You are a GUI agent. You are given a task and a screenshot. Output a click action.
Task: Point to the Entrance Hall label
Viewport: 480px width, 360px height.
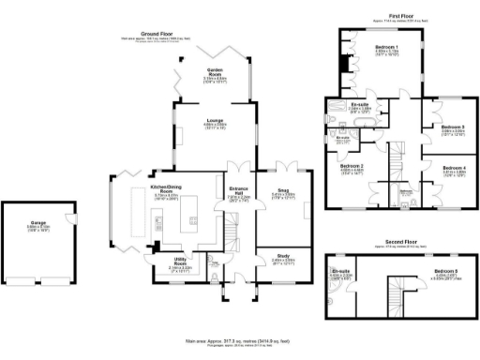pyautogui.click(x=239, y=192)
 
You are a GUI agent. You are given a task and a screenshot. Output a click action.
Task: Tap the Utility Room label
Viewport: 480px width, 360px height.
pyautogui.click(x=179, y=263)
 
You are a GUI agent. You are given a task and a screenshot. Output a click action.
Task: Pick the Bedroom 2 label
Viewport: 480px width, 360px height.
pyautogui.click(x=351, y=166)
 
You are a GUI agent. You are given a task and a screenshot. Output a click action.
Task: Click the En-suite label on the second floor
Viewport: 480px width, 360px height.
pyautogui.click(x=340, y=271)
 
